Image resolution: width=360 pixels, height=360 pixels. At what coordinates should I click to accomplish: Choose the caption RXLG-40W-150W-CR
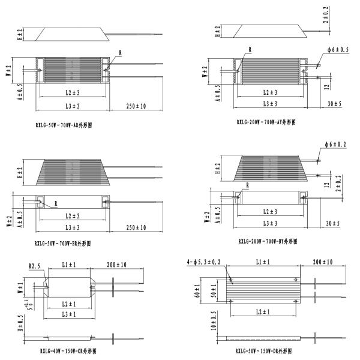pyautogui.click(x=67, y=350)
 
